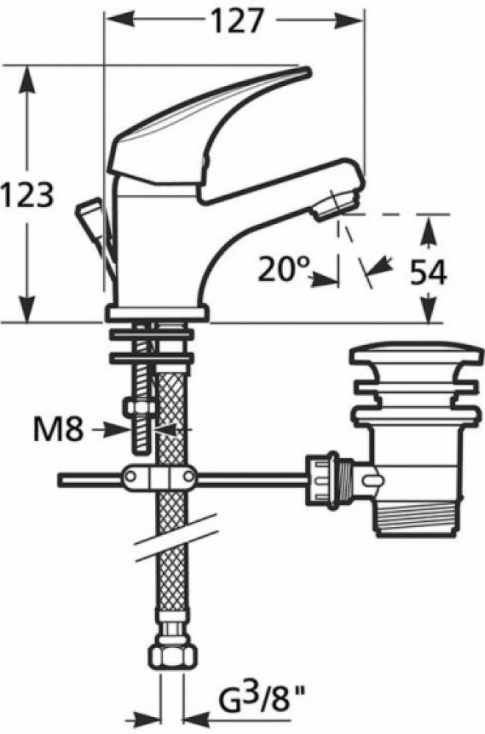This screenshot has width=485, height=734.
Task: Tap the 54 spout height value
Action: tap(428, 272)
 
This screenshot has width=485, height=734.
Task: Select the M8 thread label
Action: tap(58, 429)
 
